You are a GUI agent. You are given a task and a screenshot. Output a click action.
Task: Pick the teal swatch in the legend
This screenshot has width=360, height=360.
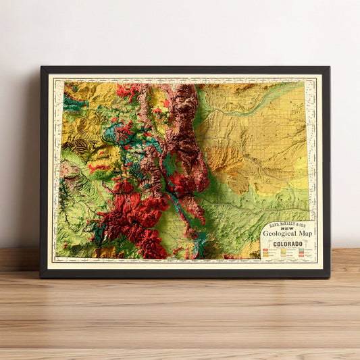[299, 250]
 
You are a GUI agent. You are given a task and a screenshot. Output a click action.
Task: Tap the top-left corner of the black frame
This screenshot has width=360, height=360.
[41, 68]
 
